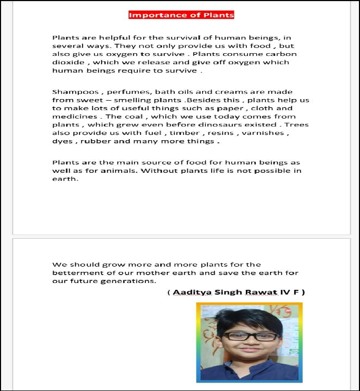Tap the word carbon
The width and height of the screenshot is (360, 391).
(284, 54)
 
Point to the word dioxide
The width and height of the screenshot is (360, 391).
(66, 62)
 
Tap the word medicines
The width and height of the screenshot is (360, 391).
(72, 116)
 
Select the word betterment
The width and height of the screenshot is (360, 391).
(78, 272)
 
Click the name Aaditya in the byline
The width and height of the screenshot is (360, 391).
(191, 292)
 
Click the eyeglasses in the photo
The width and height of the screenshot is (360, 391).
(250, 336)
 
